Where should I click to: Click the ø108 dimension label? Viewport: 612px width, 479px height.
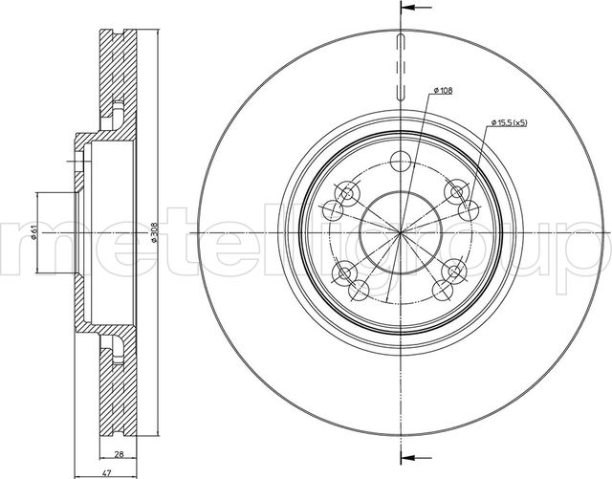pos(443,91)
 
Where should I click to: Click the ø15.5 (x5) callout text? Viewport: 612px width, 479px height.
pos(510,123)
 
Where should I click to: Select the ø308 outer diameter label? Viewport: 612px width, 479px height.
pos(154,232)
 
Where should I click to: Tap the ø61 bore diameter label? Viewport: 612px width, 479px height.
pos(34,233)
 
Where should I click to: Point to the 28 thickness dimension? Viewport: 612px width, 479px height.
pos(119,454)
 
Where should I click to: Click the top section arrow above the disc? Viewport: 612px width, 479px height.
pos(416,7)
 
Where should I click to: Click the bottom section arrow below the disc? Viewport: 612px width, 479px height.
pos(416,457)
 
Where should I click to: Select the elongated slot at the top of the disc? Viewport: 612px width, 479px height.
pos(401,66)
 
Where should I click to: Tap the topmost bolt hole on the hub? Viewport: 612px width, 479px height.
pos(401,162)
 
